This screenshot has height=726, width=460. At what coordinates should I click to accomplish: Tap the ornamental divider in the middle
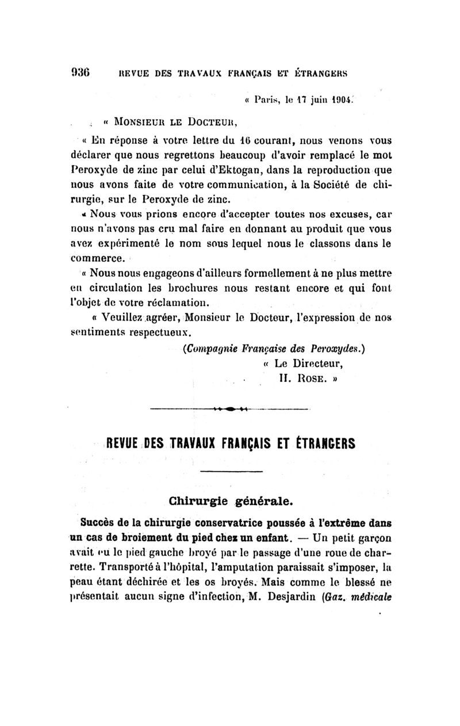pyautogui.click(x=229, y=408)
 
